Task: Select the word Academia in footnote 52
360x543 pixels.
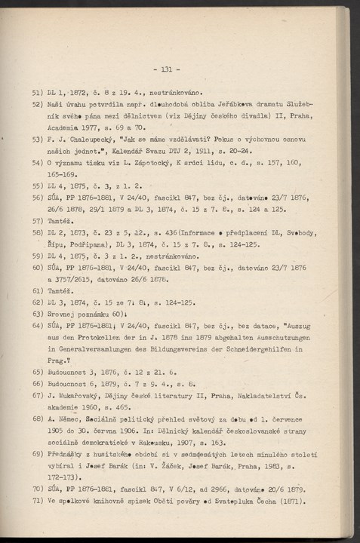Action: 65,129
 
